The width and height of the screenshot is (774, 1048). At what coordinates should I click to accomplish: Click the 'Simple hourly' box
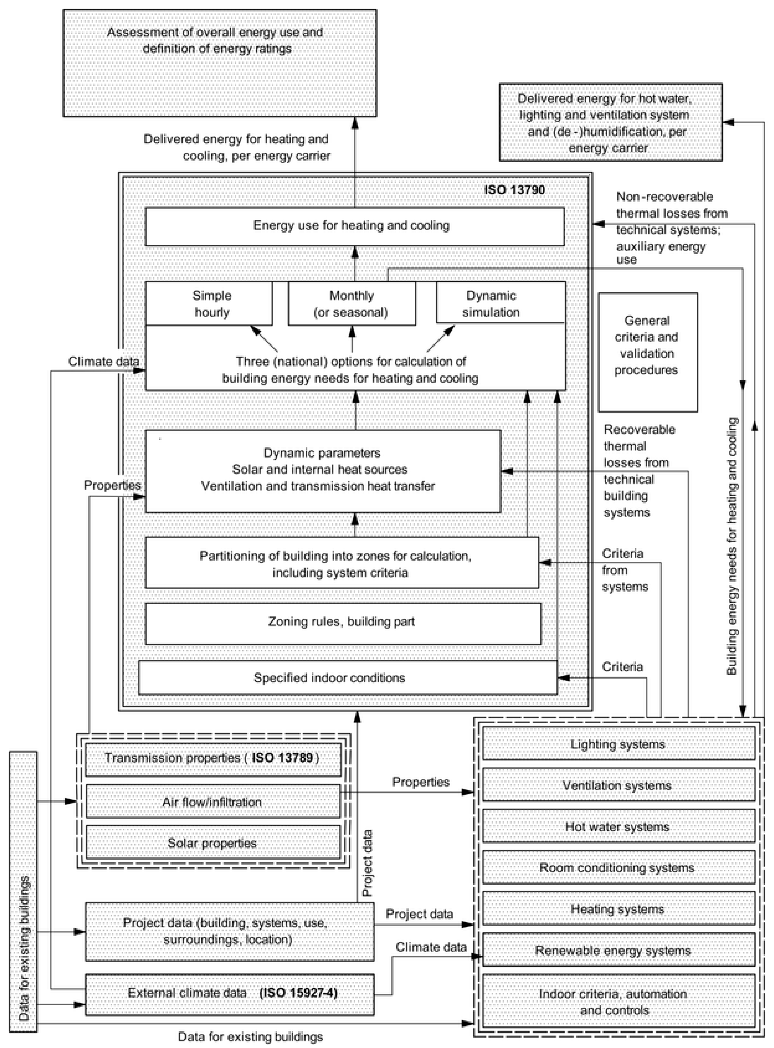[209, 304]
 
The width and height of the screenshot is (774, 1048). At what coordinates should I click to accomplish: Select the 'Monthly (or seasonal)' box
[351, 304]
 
